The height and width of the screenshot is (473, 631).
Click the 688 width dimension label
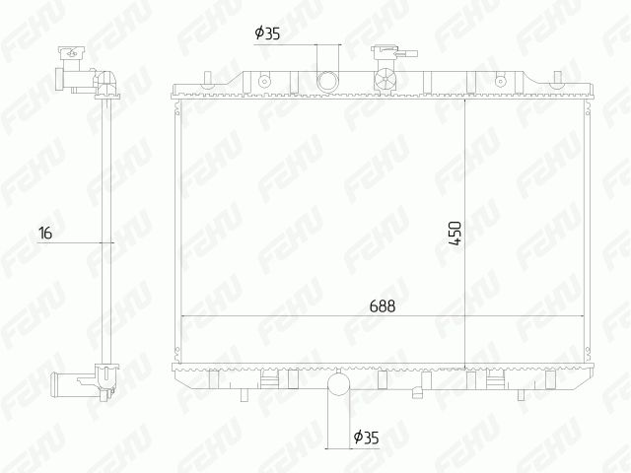point(383,306)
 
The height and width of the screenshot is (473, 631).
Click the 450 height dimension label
point(456,234)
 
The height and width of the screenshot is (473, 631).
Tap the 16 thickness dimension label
point(45,233)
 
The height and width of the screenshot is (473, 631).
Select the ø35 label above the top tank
point(267,34)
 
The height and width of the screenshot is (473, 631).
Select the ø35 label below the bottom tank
point(366,437)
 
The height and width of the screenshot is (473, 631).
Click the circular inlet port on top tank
point(328,82)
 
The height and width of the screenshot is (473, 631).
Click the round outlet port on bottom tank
point(339,383)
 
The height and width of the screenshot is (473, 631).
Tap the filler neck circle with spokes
point(386,79)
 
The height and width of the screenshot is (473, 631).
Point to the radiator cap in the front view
point(386,52)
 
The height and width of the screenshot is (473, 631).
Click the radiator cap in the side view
point(72,52)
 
